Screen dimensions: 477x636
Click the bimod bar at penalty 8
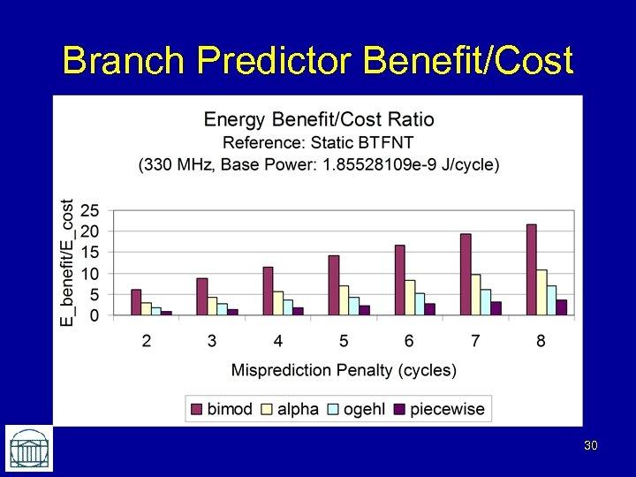tap(531, 269)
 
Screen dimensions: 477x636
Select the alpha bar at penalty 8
tap(541, 292)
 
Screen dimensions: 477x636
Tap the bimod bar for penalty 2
tap(136, 302)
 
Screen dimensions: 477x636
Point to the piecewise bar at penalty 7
tap(496, 308)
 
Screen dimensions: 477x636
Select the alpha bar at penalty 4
tap(277, 303)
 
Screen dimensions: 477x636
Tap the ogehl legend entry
tap(357, 409)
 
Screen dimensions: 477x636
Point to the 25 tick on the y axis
tap(90, 211)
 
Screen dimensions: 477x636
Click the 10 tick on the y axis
tap(90, 274)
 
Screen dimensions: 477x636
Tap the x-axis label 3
tap(212, 341)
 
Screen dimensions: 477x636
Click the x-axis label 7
tap(475, 341)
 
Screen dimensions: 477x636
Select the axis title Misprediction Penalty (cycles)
tap(344, 369)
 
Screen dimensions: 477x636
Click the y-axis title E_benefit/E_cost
tap(67, 262)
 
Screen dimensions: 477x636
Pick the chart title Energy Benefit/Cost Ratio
tap(319, 119)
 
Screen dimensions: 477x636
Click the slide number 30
tap(590, 446)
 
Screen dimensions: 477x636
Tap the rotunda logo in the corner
tap(28, 448)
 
